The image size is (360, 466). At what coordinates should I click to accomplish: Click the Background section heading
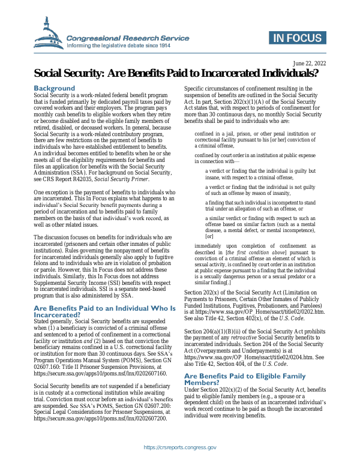point(54,88)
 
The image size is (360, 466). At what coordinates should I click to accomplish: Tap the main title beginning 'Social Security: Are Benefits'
point(176,74)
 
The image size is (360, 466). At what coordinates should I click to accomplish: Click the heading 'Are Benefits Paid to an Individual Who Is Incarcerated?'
point(104,311)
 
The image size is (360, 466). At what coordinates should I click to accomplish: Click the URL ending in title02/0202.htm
point(257,313)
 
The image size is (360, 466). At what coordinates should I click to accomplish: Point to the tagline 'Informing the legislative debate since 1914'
point(119,46)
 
